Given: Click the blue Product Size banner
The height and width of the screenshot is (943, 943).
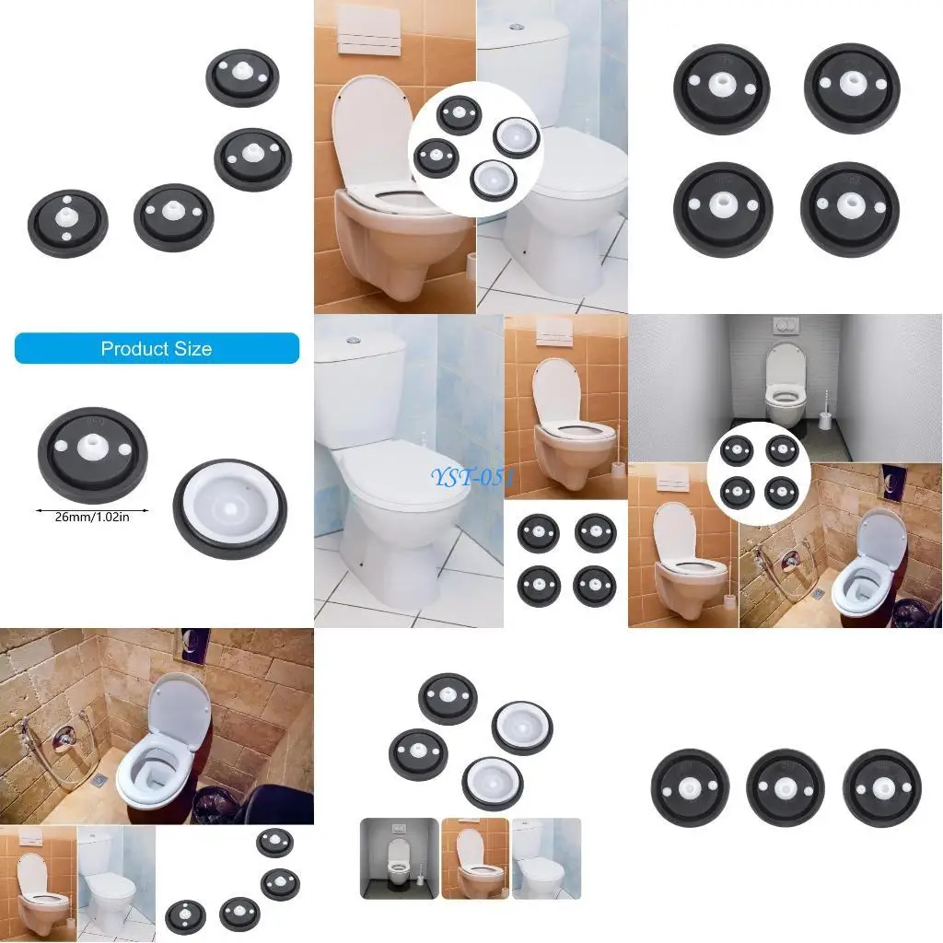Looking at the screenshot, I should click(x=157, y=348).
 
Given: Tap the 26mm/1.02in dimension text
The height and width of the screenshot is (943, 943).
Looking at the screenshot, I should click(x=91, y=517).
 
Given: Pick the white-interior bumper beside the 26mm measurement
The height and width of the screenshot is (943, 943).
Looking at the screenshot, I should click(x=229, y=507).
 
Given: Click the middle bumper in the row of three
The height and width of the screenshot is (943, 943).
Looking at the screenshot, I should click(x=786, y=788).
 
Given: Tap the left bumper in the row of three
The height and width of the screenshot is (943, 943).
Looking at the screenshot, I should click(x=690, y=788).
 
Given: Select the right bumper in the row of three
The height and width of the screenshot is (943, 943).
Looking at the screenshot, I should click(x=881, y=788).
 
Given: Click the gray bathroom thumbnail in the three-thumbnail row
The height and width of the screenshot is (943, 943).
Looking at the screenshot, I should click(x=398, y=858).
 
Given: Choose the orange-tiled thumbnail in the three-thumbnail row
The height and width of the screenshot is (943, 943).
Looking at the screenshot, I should click(x=475, y=858).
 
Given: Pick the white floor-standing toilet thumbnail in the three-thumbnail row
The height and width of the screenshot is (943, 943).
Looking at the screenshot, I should click(x=546, y=858).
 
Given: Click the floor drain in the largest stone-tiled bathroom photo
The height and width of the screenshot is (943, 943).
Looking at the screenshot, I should click(x=99, y=779).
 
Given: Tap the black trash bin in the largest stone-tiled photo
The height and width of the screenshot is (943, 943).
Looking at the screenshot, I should click(x=214, y=807).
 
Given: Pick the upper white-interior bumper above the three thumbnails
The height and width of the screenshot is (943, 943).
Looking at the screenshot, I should click(x=521, y=728).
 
